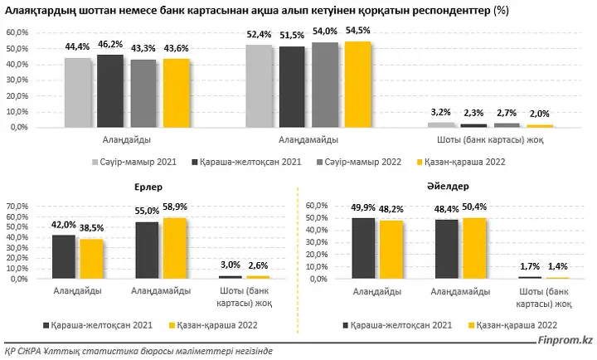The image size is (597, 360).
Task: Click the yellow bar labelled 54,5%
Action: click(x=358, y=84)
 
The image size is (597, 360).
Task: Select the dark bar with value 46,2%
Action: click(x=110, y=91)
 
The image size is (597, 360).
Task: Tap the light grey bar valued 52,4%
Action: click(x=259, y=86)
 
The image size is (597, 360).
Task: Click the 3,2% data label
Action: click(x=440, y=112)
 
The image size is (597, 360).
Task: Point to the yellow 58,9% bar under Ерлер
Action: click(x=175, y=248)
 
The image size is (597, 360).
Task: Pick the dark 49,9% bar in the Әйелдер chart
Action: click(x=363, y=248)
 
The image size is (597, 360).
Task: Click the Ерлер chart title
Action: click(x=148, y=187)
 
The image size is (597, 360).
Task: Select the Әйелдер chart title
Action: click(x=448, y=187)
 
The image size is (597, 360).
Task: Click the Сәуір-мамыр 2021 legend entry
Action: click(x=134, y=162)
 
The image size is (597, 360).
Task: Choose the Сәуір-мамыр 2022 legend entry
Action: click(x=359, y=162)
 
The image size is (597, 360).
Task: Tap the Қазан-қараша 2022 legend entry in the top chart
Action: click(x=462, y=162)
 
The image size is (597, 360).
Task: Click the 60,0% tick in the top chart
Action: click(x=17, y=32)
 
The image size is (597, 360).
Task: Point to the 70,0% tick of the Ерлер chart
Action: click(x=17, y=207)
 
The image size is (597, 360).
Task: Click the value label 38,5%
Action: click(x=91, y=228)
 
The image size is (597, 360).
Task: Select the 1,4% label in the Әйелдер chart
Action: click(x=558, y=266)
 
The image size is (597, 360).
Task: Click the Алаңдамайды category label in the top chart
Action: click(x=308, y=140)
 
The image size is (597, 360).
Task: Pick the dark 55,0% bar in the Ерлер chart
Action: click(x=147, y=251)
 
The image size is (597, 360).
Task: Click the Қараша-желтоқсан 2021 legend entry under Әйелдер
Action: click(x=397, y=325)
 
